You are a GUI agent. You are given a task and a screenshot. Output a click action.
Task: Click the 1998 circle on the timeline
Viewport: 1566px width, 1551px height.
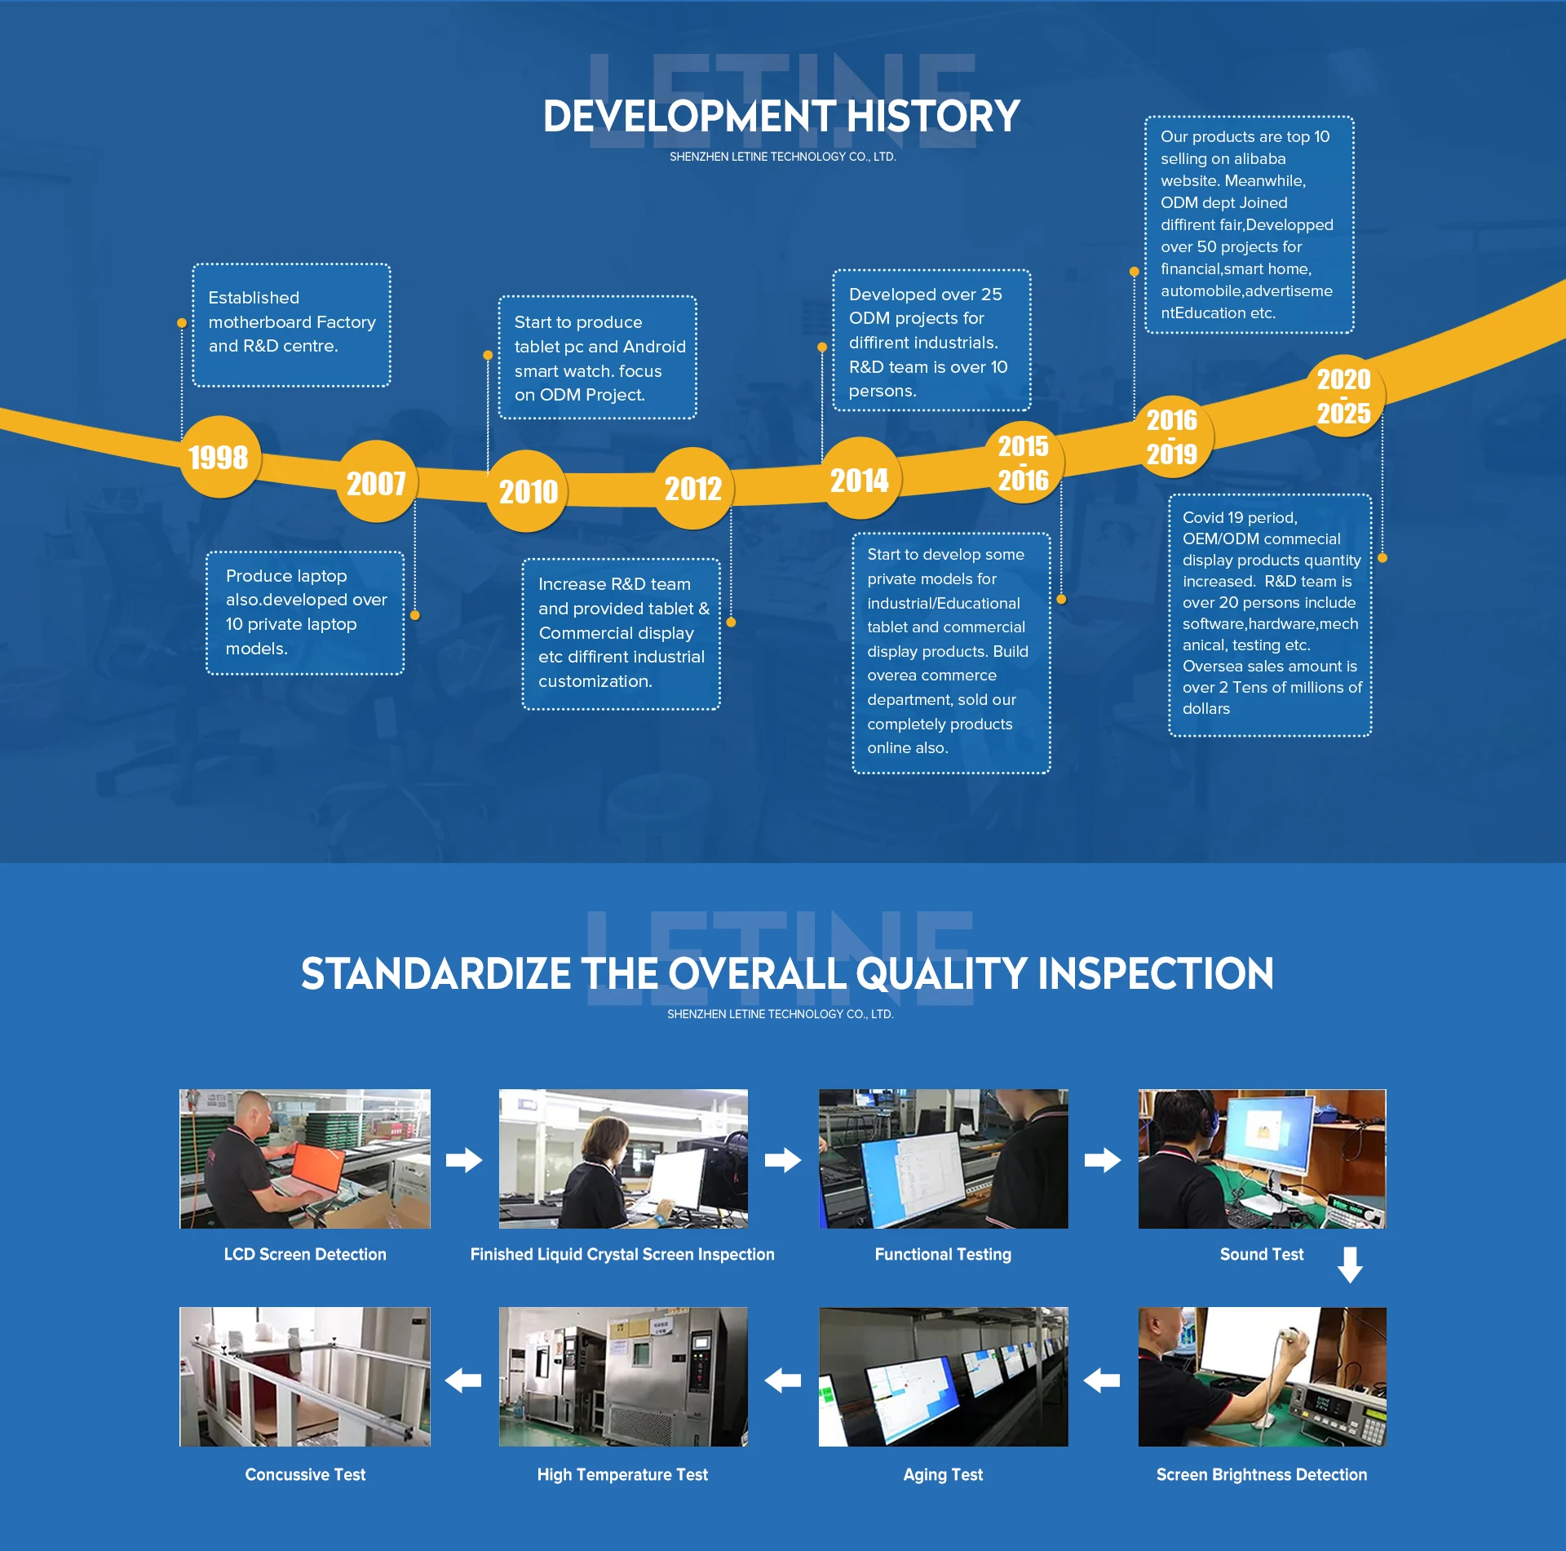pyautogui.click(x=220, y=457)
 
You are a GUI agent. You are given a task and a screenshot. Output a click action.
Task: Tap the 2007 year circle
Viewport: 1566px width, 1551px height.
pyautogui.click(x=377, y=482)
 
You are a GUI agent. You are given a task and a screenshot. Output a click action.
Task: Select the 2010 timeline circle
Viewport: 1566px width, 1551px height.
pyautogui.click(x=528, y=491)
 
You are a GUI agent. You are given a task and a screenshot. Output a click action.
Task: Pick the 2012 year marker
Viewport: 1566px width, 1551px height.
pyautogui.click(x=693, y=488)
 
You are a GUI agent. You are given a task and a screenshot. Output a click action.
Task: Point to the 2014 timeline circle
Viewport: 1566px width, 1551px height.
pyautogui.click(x=860, y=479)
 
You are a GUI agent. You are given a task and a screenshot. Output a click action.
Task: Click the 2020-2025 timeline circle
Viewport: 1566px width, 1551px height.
pyautogui.click(x=1343, y=396)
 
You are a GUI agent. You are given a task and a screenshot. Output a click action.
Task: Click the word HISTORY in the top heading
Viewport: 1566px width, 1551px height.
pyautogui.click(x=933, y=116)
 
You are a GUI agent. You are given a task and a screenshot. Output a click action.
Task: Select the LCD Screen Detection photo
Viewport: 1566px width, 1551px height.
pyautogui.click(x=305, y=1159)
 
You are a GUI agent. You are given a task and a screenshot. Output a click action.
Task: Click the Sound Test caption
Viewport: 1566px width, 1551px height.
pyautogui.click(x=1262, y=1254)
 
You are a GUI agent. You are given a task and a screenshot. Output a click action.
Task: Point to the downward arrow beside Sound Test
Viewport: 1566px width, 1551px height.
pyautogui.click(x=1350, y=1265)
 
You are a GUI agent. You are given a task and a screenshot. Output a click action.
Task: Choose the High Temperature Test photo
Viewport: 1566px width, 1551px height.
pyautogui.click(x=623, y=1377)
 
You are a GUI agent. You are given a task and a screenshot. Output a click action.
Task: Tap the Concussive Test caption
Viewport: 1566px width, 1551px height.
pyautogui.click(x=305, y=1474)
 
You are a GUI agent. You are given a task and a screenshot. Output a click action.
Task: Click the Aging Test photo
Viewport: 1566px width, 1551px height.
pyautogui.click(x=943, y=1377)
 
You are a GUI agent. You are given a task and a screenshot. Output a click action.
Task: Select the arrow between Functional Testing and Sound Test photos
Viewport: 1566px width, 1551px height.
pyautogui.click(x=1103, y=1159)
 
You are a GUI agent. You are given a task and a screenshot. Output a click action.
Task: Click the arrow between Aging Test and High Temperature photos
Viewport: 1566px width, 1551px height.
pyautogui.click(x=783, y=1380)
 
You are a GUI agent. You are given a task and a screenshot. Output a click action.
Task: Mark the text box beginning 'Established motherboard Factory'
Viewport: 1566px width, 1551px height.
pyautogui.click(x=291, y=325)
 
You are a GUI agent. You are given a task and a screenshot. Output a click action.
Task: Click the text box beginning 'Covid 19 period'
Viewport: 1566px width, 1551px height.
pyautogui.click(x=1270, y=615)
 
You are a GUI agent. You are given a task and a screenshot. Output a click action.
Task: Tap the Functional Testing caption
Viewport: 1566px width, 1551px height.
pyautogui.click(x=943, y=1254)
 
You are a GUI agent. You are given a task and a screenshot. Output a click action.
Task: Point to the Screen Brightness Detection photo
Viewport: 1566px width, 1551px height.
pyautogui.click(x=1262, y=1377)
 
